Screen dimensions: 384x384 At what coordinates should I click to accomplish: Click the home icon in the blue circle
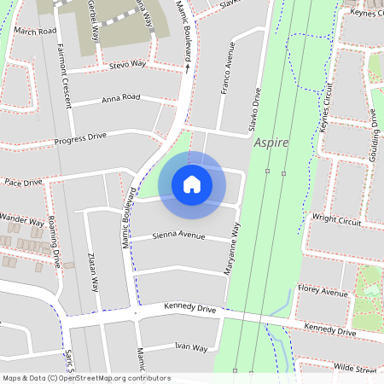tap(192, 184)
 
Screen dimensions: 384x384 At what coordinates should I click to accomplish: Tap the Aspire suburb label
tap(271, 143)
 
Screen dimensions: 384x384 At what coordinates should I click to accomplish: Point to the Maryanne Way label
tap(230, 247)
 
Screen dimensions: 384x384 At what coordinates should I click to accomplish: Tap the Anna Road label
tap(120, 98)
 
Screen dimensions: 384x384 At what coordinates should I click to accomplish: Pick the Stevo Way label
tap(128, 64)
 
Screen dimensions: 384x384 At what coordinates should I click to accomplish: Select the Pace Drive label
tap(23, 183)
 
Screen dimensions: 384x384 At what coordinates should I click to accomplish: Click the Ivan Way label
tap(191, 347)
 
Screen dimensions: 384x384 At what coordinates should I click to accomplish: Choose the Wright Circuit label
tap(337, 218)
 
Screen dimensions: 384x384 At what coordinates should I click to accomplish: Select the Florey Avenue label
tap(323, 293)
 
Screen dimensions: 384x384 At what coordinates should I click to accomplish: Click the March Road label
tap(35, 31)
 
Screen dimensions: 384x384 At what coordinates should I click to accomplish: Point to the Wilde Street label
tap(355, 368)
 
